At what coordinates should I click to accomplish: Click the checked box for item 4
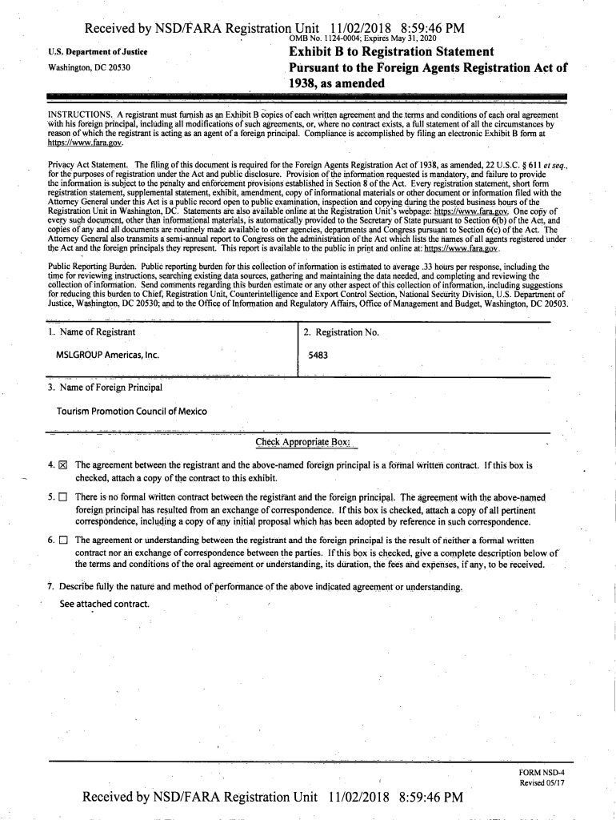63,464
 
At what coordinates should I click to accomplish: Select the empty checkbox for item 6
63,542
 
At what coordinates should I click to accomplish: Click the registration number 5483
318,356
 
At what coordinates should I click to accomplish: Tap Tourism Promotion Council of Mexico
131,412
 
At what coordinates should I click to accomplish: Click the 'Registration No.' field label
341,332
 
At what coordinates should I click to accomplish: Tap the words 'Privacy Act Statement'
88,165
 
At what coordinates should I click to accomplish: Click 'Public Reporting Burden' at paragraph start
92,267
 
